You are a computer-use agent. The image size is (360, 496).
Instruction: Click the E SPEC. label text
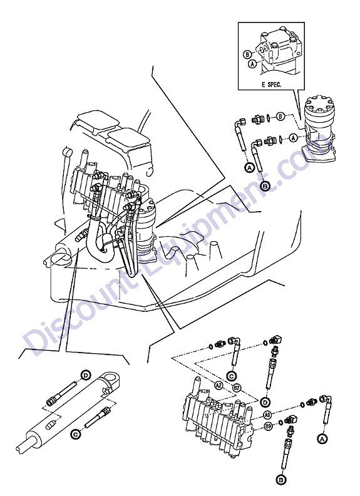point(271,85)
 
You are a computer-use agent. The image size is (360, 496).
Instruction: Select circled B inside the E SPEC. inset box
point(248,54)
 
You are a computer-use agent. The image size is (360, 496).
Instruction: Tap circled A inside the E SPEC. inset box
point(252,64)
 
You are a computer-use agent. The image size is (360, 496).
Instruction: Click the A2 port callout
point(219,385)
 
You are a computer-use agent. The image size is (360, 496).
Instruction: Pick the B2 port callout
point(237,388)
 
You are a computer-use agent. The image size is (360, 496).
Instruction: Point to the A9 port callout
point(267,415)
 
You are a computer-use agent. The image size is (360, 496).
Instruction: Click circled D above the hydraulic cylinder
point(85,375)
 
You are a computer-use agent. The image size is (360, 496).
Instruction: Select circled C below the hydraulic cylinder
point(76,435)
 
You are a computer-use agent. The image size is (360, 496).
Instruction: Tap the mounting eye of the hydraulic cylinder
point(111,379)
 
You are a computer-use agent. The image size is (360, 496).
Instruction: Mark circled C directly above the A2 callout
point(232,376)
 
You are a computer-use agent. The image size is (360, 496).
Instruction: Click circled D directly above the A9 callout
point(265,402)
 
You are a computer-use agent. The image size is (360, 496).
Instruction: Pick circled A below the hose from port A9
point(322,439)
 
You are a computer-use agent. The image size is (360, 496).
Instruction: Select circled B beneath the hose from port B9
point(280,480)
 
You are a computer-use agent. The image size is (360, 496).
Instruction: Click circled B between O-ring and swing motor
point(280,116)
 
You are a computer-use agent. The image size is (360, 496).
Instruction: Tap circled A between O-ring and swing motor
point(294,138)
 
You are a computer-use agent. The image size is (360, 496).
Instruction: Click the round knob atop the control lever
point(68,152)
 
